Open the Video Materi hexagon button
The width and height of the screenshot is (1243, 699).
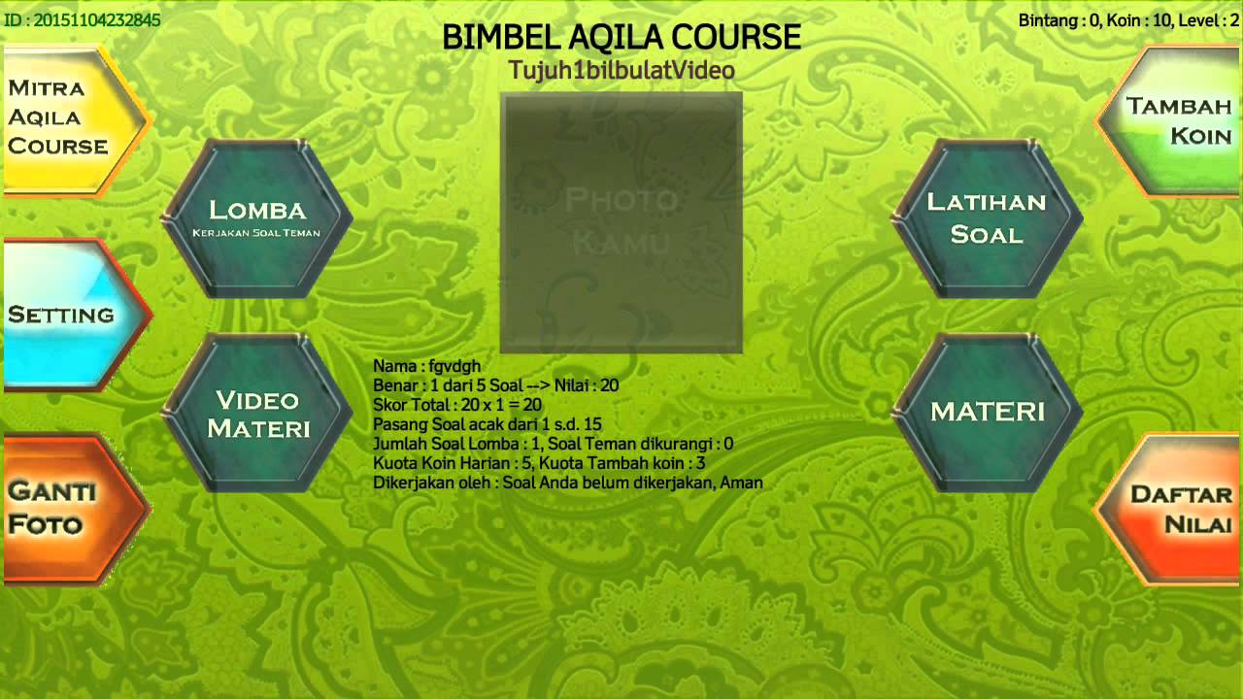click(x=257, y=414)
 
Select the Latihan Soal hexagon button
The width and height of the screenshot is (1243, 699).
click(x=987, y=217)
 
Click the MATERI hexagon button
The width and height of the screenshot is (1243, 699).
click(x=987, y=412)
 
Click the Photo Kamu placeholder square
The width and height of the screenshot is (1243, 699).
click(x=621, y=222)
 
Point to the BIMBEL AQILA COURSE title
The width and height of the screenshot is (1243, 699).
click(x=621, y=37)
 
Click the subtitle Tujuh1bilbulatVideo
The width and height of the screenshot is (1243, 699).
click(x=621, y=71)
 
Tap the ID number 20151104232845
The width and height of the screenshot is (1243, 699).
click(x=82, y=19)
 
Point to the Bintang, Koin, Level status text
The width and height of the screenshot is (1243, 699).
click(x=1128, y=20)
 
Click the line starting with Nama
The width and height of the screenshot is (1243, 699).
click(x=426, y=366)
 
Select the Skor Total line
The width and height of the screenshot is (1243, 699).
click(x=457, y=405)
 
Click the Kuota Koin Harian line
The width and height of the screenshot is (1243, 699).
click(x=539, y=463)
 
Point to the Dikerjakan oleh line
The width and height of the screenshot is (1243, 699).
click(x=568, y=483)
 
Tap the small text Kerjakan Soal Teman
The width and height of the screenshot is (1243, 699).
click(x=256, y=233)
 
